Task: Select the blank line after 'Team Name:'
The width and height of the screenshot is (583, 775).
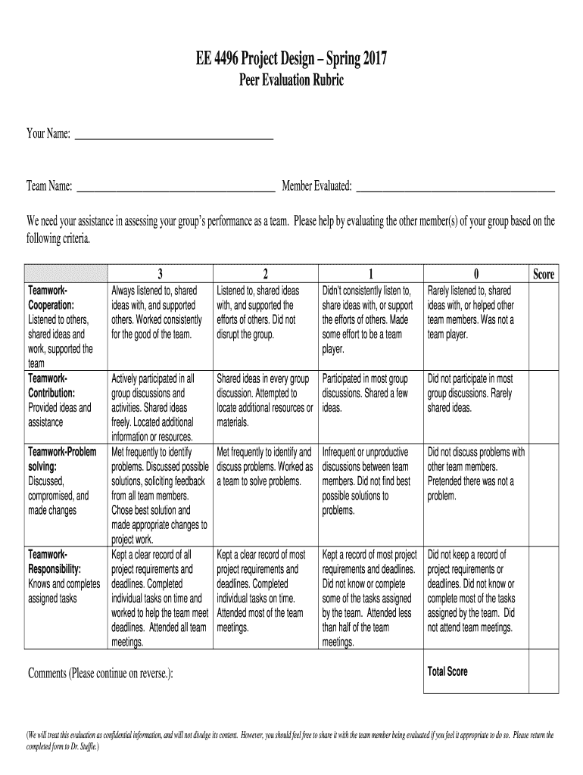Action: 176,186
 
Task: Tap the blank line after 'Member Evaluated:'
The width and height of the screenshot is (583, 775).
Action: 456,186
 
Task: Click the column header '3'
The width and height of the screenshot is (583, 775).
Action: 160,275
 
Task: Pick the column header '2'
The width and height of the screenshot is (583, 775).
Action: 266,275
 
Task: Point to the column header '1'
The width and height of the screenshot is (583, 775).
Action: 371,275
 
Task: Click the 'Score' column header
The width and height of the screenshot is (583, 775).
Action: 543,275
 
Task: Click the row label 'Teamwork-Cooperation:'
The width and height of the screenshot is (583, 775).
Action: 51,298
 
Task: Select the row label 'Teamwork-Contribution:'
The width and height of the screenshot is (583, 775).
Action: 51,386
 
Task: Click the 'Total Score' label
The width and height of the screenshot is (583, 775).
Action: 447,671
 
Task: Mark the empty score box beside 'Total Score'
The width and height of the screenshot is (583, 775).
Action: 543,671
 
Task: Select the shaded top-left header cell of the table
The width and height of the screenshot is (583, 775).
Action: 66,274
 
